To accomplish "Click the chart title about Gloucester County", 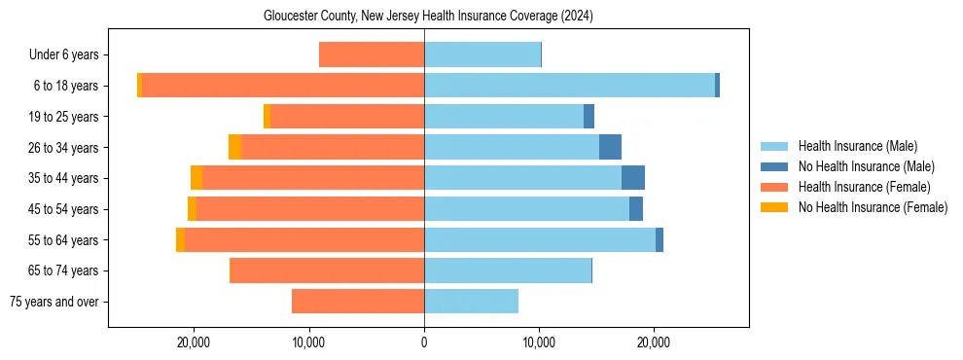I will coord(428,17).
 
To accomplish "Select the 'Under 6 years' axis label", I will coord(63,55).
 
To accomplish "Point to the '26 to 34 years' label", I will coord(64,148).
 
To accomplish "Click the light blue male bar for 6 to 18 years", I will coord(569,86).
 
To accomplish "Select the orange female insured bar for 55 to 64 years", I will coord(303,240).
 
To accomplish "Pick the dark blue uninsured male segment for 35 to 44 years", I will coord(633,178).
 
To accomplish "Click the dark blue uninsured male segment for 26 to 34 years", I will coord(610,148).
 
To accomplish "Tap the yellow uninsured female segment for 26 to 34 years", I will coord(234,148).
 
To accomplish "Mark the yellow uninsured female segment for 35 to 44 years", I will coord(196,178).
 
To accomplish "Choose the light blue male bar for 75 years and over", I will coord(471,302).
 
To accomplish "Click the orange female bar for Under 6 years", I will coord(371,55).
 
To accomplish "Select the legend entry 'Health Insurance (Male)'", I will coord(857,146).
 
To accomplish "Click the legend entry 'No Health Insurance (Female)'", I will coord(873,207).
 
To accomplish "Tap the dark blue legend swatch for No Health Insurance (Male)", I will coord(774,166).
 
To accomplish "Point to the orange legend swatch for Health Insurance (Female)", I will coord(774,187).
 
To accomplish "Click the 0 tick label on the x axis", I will coord(424,342).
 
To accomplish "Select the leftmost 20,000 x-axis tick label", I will coord(195,342).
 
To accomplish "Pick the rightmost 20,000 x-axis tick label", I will coord(654,342).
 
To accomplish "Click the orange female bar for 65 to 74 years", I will coord(327,270).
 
